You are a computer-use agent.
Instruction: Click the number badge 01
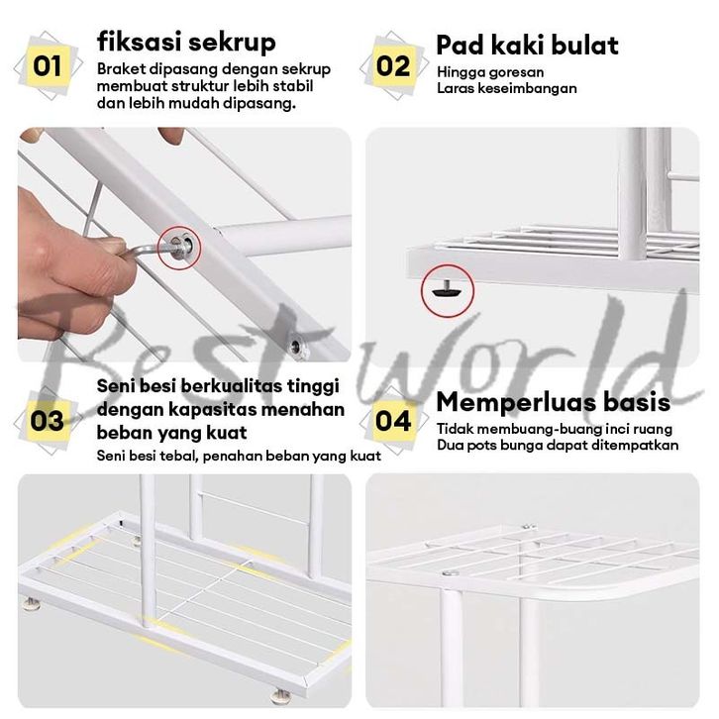pyautogui.click(x=48, y=66)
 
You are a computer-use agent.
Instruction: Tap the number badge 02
pyautogui.click(x=393, y=66)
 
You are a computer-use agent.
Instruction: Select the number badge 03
pyautogui.click(x=48, y=421)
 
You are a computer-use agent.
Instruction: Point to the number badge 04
pyautogui.click(x=393, y=421)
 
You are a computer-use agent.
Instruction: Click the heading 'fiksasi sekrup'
pyautogui.click(x=186, y=43)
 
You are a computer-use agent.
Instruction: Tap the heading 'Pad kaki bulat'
pyautogui.click(x=527, y=45)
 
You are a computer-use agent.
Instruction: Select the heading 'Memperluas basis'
pyautogui.click(x=553, y=402)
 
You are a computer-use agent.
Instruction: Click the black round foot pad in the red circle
pyautogui.click(x=447, y=290)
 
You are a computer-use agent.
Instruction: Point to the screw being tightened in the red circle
pyautogui.click(x=180, y=248)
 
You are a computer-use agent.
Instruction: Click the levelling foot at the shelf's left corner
pyautogui.click(x=32, y=602)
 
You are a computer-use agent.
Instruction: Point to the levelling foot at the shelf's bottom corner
pyautogui.click(x=280, y=696)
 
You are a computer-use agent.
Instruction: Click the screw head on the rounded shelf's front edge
pyautogui.click(x=450, y=572)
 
